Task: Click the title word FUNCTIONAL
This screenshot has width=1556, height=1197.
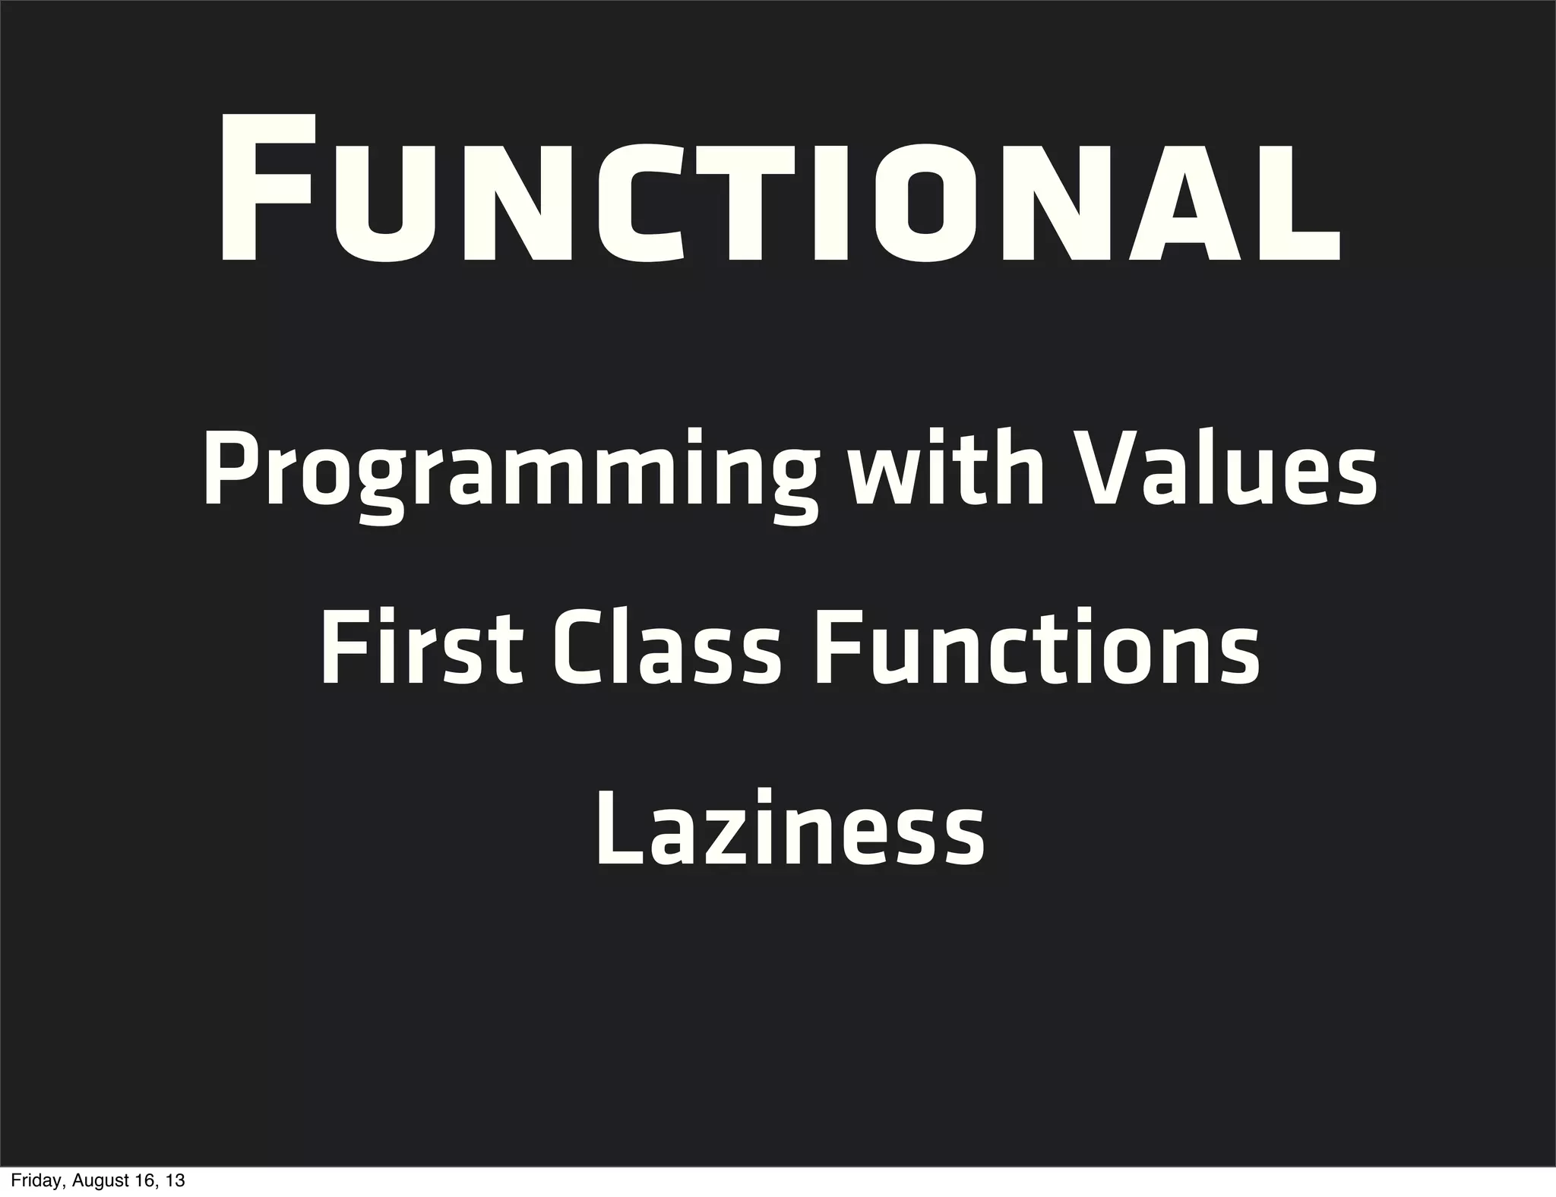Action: click(x=780, y=190)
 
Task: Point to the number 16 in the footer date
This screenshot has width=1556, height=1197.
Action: click(x=144, y=1181)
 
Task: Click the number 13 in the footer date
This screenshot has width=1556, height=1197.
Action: click(x=176, y=1181)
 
